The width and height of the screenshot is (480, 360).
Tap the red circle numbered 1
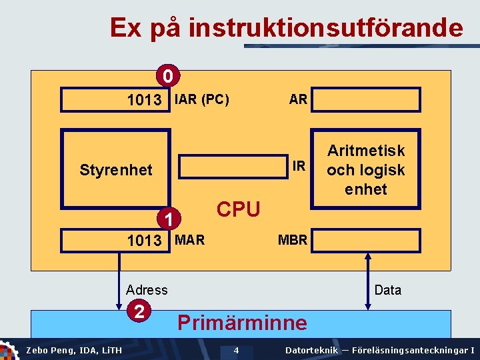click(170, 218)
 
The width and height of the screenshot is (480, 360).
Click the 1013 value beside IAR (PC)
click(145, 101)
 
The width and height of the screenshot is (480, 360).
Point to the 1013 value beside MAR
click(145, 241)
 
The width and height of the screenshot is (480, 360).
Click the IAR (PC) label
click(202, 100)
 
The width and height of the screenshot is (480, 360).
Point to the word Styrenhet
click(116, 170)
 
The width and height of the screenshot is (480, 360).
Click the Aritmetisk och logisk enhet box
click(365, 170)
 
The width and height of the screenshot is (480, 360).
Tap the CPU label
click(239, 209)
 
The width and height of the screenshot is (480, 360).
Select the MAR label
click(190, 240)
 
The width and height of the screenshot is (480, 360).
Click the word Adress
click(147, 290)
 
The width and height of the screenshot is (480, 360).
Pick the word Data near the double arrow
click(388, 290)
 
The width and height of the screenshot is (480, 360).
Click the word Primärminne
click(242, 323)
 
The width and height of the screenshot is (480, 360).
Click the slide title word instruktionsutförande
click(325, 28)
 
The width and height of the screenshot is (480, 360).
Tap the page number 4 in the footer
click(236, 351)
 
